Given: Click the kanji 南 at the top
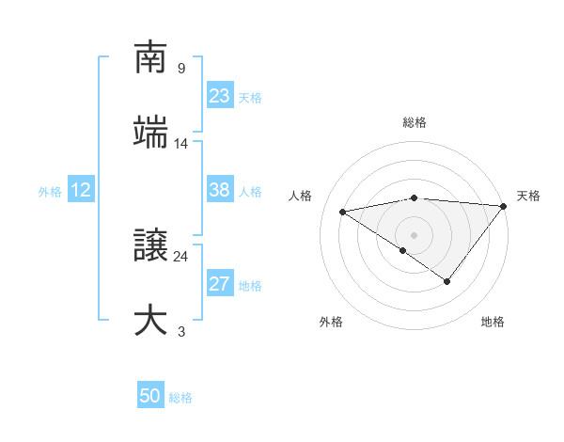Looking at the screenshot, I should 150,57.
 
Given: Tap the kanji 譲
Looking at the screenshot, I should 150,245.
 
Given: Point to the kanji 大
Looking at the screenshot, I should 150,320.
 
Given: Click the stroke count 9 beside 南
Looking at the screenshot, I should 181,69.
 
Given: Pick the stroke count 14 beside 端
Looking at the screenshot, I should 181,143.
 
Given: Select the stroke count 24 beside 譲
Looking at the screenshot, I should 181,256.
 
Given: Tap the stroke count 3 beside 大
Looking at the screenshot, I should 181,331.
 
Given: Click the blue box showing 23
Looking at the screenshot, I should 219,96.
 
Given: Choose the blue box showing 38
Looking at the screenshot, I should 219,190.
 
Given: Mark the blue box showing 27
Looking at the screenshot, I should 219,285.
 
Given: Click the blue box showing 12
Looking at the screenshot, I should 81,191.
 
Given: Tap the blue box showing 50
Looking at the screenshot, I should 150,396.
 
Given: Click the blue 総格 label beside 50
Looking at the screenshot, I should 180,398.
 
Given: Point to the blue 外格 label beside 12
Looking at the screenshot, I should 50,192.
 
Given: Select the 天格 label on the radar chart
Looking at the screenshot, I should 528,196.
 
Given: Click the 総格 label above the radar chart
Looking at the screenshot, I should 415,122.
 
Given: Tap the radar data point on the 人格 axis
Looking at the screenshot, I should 343,211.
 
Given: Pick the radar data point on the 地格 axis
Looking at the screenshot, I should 447,281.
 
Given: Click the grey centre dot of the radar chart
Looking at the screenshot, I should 415,234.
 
